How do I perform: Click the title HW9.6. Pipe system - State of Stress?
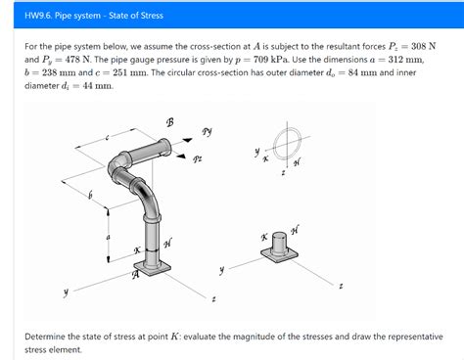(94, 16)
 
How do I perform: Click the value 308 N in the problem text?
(423, 46)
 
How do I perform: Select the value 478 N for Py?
(78, 60)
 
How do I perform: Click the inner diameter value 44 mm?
(97, 86)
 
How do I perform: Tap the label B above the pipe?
(169, 122)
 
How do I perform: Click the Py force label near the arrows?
(207, 131)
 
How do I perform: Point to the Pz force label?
(197, 159)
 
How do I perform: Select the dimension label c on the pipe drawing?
(107, 138)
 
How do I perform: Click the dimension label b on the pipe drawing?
(90, 195)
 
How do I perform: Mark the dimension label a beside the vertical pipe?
(108, 238)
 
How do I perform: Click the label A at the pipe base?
(135, 275)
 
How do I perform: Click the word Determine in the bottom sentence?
(45, 337)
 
